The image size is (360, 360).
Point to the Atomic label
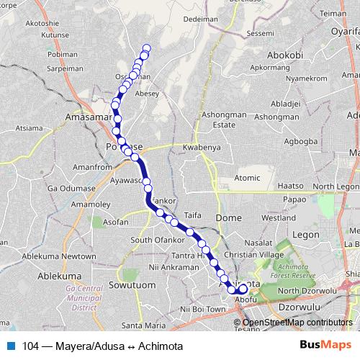click(247, 178)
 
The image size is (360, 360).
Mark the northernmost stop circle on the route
click(147, 48)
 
